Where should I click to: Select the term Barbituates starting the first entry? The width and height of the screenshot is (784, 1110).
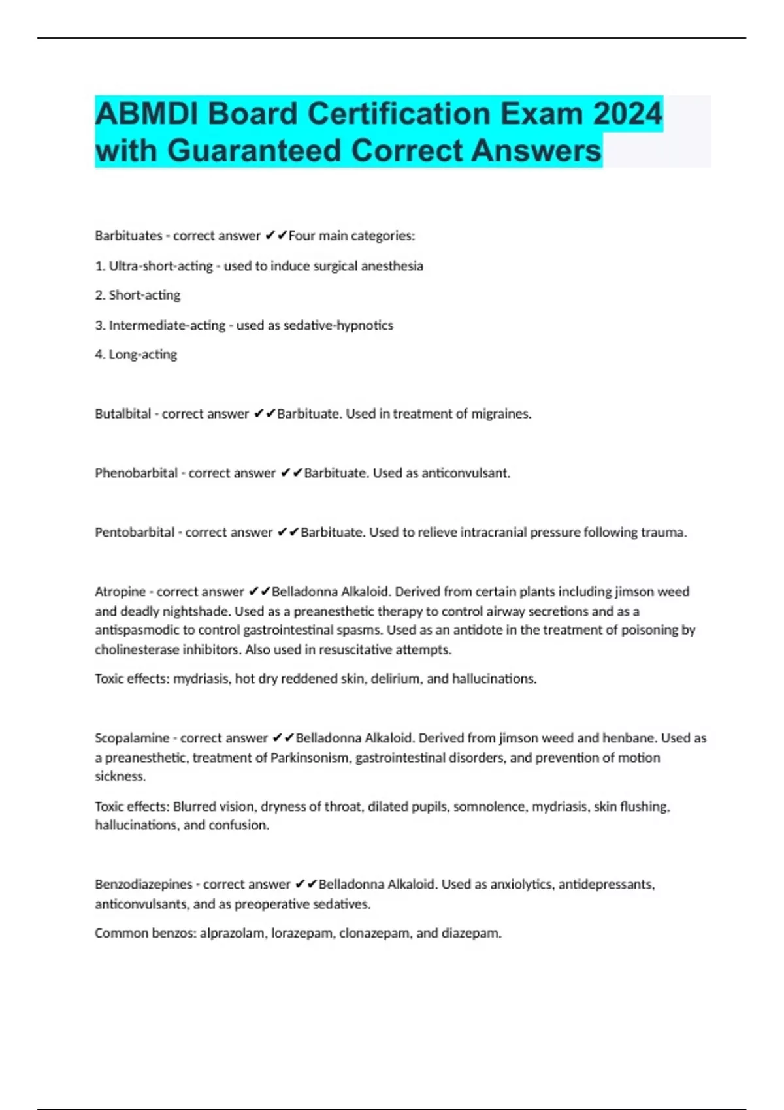tap(128, 236)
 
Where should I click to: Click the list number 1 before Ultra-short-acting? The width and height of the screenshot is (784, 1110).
tap(99, 266)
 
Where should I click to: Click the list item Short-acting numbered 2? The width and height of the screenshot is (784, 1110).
tap(144, 295)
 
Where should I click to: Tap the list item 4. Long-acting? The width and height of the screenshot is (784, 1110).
tap(136, 355)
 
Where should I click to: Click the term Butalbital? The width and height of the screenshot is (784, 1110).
tap(123, 414)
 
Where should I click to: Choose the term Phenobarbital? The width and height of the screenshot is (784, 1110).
tap(136, 473)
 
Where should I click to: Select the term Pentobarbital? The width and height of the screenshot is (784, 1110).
tap(135, 533)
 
